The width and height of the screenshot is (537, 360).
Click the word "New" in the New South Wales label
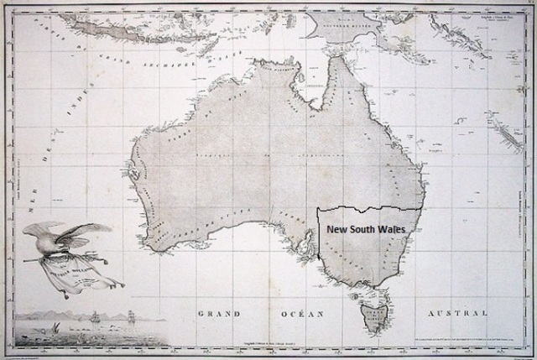(x=336, y=227)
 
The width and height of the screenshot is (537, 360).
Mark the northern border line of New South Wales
(x=369, y=207)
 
